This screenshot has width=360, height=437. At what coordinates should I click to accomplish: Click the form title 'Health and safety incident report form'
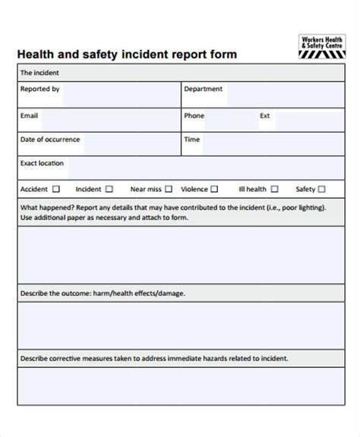click(x=128, y=55)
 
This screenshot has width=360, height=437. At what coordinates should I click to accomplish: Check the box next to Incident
click(x=109, y=189)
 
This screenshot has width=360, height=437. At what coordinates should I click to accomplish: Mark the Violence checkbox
click(x=215, y=189)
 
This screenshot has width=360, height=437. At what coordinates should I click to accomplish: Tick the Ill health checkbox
click(x=274, y=189)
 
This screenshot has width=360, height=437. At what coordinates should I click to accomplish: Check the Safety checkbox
click(x=322, y=189)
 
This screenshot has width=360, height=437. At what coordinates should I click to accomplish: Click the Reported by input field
click(x=122, y=95)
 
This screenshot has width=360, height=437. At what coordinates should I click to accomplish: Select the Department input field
click(x=285, y=95)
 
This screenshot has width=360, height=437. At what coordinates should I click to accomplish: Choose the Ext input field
click(x=308, y=120)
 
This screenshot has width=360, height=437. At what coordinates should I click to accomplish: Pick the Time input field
click(x=270, y=143)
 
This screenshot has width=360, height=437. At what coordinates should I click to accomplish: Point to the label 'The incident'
click(x=39, y=73)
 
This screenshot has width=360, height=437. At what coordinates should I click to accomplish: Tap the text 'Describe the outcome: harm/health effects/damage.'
click(x=103, y=293)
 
